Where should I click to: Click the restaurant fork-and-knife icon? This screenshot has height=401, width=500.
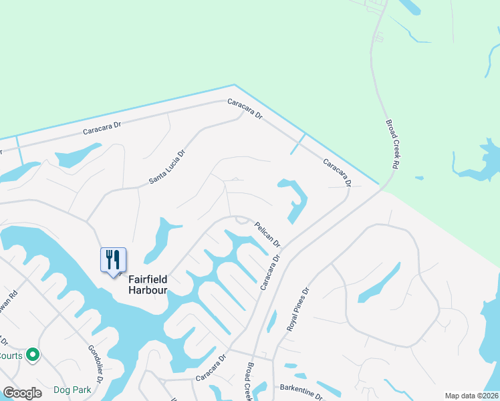[x=112, y=259]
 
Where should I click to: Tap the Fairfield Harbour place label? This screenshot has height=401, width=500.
[x=148, y=286]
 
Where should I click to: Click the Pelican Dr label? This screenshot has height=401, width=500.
[x=266, y=233]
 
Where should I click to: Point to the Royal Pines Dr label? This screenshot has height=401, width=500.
[x=299, y=309]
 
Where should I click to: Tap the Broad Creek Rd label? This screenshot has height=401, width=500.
[x=392, y=144]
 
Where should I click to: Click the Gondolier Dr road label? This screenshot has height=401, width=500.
[x=95, y=364]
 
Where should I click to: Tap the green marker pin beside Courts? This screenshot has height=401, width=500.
[x=32, y=355]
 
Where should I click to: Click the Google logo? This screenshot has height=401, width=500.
[x=22, y=393]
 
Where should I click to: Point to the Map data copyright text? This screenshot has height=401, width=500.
[x=472, y=396]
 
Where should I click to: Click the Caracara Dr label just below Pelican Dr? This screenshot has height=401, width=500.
[x=269, y=271]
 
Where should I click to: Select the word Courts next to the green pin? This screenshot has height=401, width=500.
[x=11, y=356]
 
